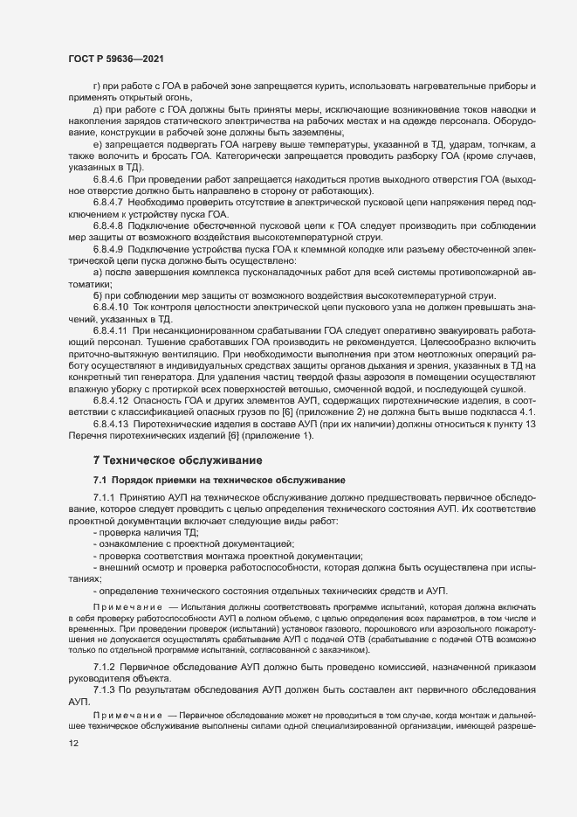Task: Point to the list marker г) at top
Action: point(97,87)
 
